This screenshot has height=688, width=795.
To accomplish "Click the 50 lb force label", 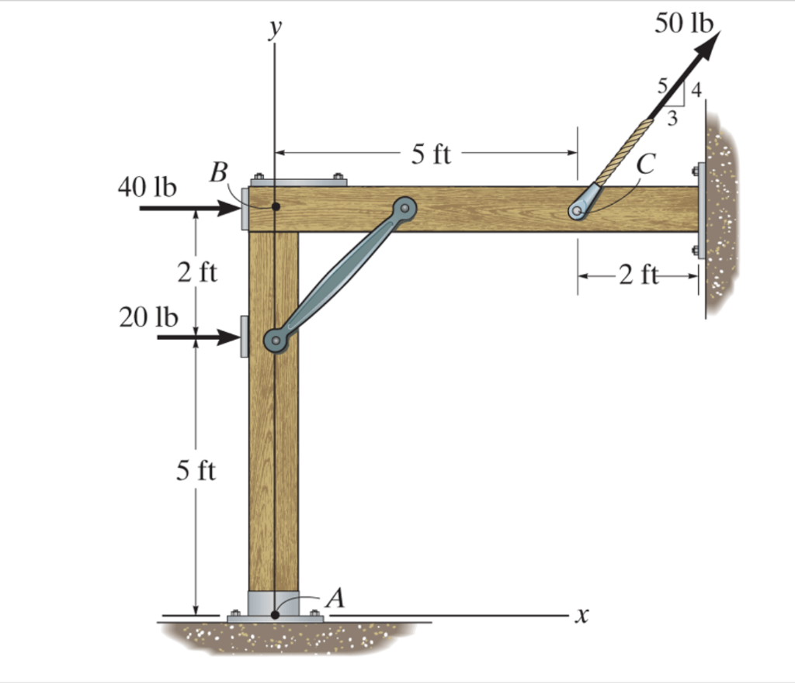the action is coord(683,23).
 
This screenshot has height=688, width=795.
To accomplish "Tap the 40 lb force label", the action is coord(147,187).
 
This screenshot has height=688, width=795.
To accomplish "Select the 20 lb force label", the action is coord(148,318).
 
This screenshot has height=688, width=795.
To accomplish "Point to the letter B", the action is coord(218,172).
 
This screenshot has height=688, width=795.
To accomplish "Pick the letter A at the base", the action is coord(335,598).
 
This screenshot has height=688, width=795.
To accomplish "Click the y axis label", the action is coord(276,29).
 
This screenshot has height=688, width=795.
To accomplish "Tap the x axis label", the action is coord(582,616).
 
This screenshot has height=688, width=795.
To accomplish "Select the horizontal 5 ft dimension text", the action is coord(430,154).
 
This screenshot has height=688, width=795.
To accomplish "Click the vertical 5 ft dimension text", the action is coord(196,470).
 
